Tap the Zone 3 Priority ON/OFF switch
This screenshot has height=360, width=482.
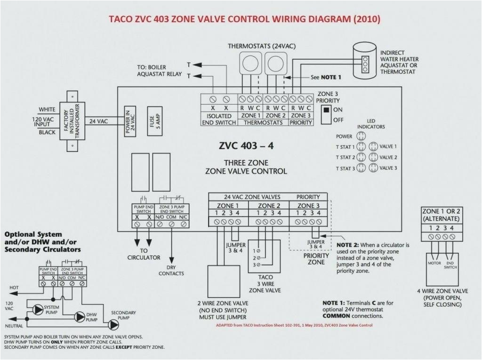click(x=325, y=114)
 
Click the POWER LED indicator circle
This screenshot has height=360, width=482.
click(x=361, y=136)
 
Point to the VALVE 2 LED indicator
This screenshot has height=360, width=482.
click(x=373, y=157)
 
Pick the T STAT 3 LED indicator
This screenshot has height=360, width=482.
click(x=361, y=168)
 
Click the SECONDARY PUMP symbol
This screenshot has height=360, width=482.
click(x=113, y=324)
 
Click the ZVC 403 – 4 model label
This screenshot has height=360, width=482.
click(x=246, y=145)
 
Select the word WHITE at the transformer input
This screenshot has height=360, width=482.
click(x=47, y=109)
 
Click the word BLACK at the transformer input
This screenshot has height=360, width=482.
click(x=47, y=132)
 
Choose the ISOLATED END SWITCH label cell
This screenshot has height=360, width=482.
click(x=219, y=119)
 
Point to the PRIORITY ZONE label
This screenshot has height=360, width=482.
click(x=316, y=259)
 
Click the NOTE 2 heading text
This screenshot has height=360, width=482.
click(x=348, y=245)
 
